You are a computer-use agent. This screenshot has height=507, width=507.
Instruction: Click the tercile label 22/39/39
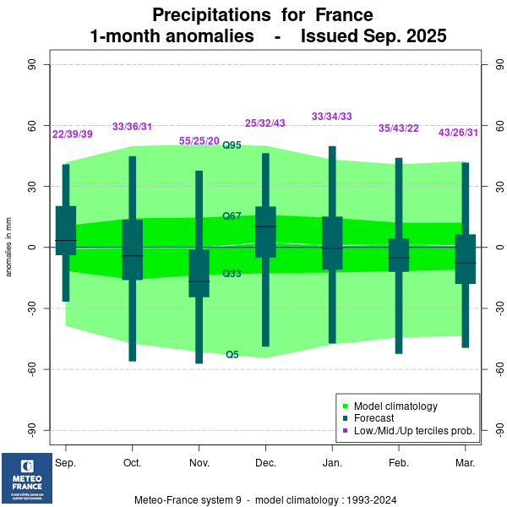73,134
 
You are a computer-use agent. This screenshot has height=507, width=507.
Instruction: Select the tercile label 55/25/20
199,141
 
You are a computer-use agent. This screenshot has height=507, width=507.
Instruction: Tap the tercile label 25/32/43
265,123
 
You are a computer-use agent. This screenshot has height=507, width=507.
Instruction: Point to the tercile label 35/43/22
399,128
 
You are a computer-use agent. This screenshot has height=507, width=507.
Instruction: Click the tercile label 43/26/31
458,133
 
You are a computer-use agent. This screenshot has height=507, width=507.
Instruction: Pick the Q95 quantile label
232,145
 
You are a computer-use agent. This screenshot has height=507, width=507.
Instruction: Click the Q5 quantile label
232,355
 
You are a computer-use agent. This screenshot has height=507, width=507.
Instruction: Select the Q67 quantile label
232,216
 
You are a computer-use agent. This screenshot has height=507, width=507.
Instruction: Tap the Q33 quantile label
232,274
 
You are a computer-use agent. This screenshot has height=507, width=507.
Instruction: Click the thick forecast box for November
199,273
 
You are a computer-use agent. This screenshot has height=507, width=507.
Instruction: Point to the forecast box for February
399,254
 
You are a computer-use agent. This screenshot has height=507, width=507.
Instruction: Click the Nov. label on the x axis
199,464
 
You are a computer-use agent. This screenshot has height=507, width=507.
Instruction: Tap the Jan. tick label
332,464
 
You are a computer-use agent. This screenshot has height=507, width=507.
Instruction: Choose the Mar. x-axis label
465,464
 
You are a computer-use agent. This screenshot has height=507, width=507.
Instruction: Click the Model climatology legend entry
395,406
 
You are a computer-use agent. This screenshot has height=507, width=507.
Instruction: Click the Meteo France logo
26,478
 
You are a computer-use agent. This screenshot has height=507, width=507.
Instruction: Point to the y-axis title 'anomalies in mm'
9,248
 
